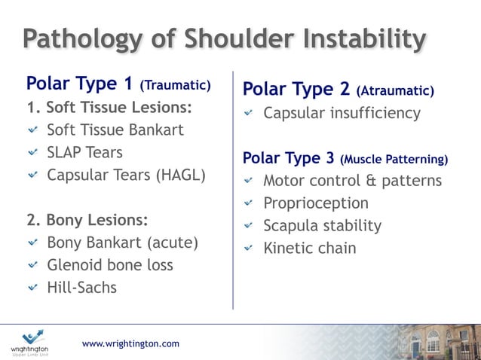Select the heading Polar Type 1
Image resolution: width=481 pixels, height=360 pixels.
[x=81, y=82]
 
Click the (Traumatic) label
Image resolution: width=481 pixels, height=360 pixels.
[x=176, y=84]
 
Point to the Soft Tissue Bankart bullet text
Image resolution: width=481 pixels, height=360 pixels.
[x=115, y=130]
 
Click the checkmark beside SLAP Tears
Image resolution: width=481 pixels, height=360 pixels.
[x=32, y=153]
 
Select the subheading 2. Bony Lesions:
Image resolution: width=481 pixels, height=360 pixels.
[x=87, y=221]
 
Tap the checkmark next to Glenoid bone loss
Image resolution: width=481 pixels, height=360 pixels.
[x=32, y=265]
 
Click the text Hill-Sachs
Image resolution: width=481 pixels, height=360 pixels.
[x=81, y=287]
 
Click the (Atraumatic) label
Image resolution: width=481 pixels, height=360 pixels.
[x=396, y=91]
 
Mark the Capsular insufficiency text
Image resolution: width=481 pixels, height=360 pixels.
[x=342, y=113]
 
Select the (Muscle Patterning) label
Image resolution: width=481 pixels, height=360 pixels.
[x=394, y=160]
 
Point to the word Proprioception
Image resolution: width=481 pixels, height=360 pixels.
[x=315, y=203]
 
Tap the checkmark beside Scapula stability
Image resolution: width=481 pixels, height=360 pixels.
[x=249, y=226]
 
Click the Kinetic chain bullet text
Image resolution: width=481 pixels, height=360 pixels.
[x=309, y=248]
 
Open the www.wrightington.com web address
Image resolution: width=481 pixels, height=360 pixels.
[x=130, y=343]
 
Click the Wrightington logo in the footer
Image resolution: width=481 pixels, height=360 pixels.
[x=32, y=343]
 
